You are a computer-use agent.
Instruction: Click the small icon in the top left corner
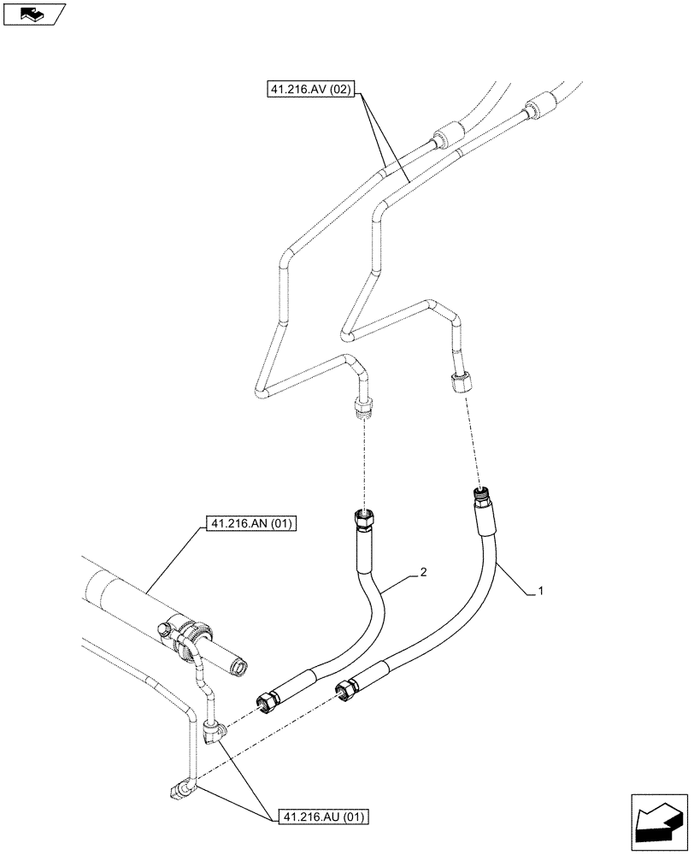point(32,15)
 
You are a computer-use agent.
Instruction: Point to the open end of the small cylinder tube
point(238,663)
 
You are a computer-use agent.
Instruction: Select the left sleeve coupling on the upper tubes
point(445,135)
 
